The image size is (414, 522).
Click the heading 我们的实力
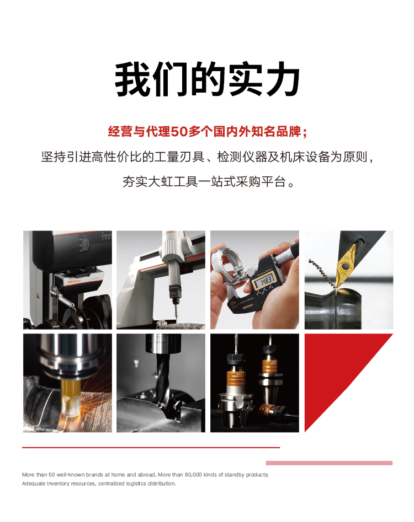pos(207,79)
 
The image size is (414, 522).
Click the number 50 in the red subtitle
pos(179,132)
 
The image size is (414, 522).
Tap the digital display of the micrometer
pos(263,281)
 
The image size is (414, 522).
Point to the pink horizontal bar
pos(329,462)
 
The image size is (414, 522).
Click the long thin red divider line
pos(151,448)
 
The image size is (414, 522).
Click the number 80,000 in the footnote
pos(193,475)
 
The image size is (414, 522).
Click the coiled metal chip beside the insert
pos(322,272)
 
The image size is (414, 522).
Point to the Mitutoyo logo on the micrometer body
pos(248,307)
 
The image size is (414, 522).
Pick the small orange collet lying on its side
pos(268,410)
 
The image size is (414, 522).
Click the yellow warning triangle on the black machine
pos(38,296)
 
